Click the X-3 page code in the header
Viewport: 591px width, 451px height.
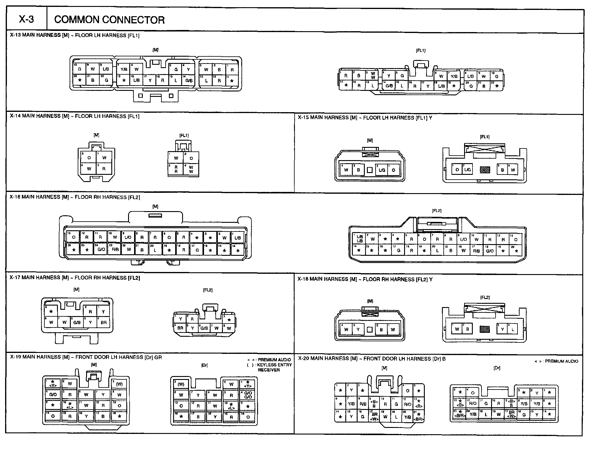(26, 19)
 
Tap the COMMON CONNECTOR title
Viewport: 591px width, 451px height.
(109, 20)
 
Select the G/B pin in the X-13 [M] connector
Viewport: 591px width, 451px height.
(189, 81)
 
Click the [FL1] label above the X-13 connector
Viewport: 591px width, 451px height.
(421, 51)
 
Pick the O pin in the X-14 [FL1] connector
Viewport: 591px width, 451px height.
(191, 158)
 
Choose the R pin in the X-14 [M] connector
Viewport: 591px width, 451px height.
(104, 169)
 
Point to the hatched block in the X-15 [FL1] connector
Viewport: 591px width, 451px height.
(485, 170)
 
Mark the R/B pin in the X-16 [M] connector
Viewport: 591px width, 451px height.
(115, 249)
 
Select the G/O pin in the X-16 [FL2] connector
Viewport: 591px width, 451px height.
(490, 251)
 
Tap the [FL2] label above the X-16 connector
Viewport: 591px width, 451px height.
(436, 211)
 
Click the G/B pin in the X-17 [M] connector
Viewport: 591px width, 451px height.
(77, 323)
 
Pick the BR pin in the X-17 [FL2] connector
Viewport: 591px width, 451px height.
(180, 328)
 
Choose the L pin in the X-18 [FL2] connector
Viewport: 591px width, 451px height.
(513, 329)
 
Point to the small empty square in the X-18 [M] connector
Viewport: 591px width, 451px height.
(370, 330)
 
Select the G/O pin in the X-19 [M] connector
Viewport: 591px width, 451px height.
(53, 395)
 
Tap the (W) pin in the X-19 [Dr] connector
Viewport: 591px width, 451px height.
(181, 384)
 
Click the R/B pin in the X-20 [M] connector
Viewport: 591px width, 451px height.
(363, 404)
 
